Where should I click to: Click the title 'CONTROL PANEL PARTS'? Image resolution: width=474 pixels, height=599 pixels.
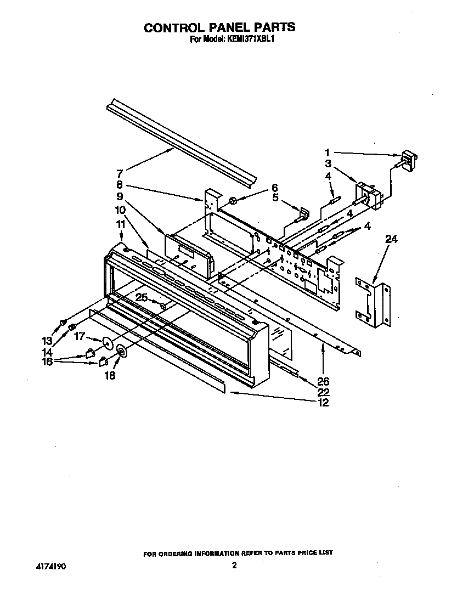point(219,27)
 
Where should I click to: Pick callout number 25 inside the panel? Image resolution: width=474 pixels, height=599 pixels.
point(142,297)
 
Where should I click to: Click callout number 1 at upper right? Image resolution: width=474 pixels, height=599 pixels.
point(328,153)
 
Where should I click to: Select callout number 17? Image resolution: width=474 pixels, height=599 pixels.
point(81,336)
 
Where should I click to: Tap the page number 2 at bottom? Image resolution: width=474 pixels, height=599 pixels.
point(234,566)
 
